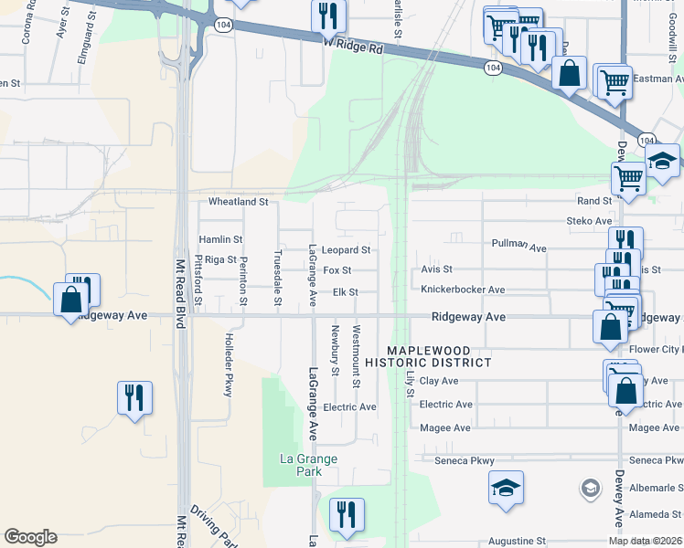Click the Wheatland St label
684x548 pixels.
238,201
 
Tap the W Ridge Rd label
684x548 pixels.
352,43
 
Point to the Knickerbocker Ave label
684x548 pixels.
463,290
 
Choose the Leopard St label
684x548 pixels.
346,249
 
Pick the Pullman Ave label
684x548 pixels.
518,247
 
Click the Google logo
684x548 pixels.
30,537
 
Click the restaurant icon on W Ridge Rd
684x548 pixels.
328,15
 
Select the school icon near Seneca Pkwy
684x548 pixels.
506,488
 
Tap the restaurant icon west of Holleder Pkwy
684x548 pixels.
134,397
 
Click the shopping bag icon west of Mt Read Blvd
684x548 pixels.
70,299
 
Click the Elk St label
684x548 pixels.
345,292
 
